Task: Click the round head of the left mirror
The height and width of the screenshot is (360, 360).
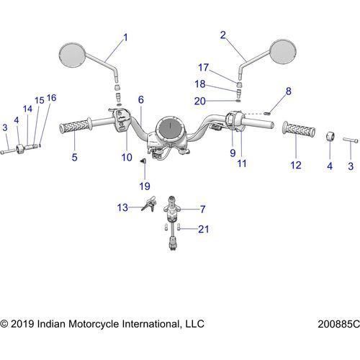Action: (72, 55)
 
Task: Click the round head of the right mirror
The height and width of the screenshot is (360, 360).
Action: (283, 51)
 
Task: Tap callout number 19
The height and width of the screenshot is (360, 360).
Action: (145, 186)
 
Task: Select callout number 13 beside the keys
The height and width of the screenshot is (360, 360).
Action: (122, 207)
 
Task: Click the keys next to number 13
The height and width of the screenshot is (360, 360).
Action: (149, 204)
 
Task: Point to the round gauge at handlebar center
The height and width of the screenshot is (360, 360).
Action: (169, 128)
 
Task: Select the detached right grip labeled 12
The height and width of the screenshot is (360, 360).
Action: (299, 130)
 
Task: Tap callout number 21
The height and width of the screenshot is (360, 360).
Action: (203, 229)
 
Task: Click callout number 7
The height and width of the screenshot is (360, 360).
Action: (203, 210)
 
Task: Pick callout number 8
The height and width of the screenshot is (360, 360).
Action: (289, 91)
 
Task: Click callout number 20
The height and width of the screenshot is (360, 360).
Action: (200, 101)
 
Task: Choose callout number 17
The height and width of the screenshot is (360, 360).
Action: (203, 68)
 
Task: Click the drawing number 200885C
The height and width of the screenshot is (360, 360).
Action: (338, 324)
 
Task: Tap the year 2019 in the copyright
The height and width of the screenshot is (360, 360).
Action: (22, 324)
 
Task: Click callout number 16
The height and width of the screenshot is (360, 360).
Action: (51, 98)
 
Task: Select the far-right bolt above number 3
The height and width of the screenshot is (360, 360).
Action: (351, 140)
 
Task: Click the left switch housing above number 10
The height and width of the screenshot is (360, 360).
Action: (122, 120)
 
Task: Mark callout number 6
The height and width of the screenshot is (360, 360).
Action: (141, 99)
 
